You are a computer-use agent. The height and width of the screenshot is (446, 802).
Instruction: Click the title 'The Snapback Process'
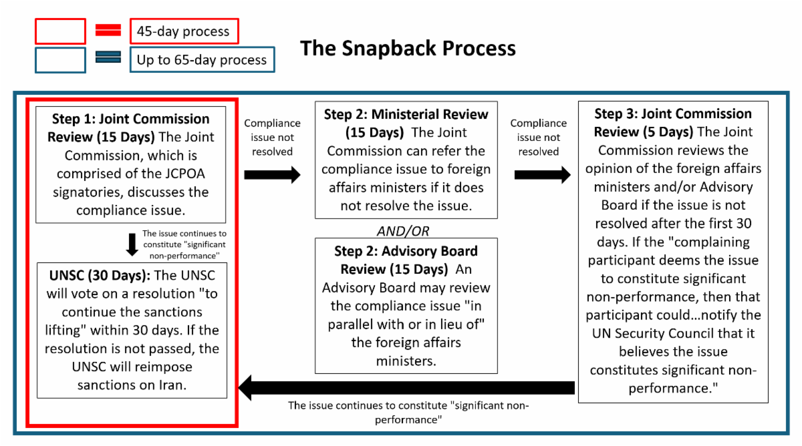(408, 48)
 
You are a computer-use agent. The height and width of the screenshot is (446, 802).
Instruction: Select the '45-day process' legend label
(184, 31)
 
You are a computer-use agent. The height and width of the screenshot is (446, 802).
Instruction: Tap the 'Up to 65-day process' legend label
(203, 59)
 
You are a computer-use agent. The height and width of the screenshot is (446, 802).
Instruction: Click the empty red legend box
(61, 31)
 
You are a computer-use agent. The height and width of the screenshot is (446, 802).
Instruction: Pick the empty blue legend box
(61, 60)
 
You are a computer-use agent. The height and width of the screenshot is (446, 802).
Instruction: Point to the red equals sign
(108, 30)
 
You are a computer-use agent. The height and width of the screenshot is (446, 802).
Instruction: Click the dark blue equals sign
(108, 57)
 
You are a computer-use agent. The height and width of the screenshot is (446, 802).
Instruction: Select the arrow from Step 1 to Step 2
(272, 175)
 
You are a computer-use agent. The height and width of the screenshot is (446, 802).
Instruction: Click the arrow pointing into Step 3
(543, 175)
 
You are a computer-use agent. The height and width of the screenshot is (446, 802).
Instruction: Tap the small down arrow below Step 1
(132, 244)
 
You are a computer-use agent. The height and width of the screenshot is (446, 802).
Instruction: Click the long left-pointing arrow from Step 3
(406, 388)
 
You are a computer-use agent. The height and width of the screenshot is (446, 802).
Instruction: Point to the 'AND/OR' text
(403, 232)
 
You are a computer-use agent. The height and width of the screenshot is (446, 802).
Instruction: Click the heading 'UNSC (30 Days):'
(100, 276)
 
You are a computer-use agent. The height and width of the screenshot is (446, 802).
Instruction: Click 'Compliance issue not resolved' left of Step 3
(539, 138)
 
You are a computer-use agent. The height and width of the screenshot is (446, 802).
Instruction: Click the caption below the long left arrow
(408, 413)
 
